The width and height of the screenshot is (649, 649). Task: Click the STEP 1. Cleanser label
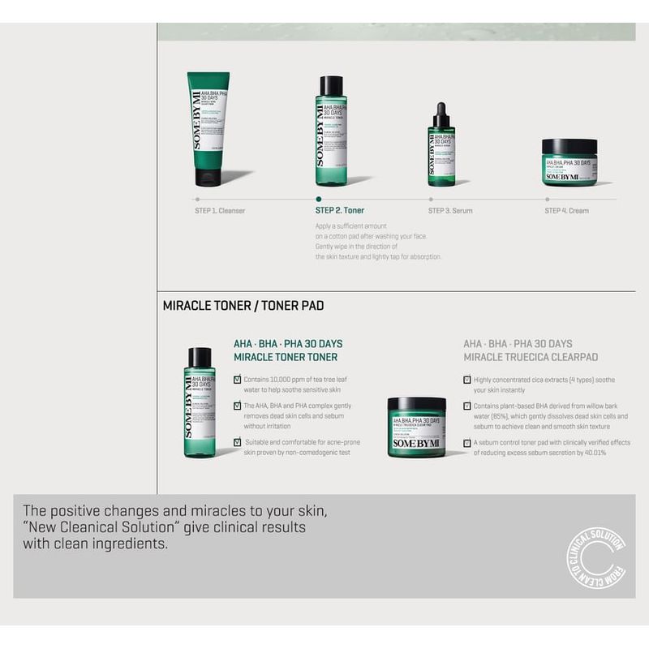pos(220,211)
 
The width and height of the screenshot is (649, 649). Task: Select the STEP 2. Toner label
pos(340,211)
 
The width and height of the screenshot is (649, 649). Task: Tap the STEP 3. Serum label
pos(450,211)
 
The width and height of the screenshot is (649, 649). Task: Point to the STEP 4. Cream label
pos(566,211)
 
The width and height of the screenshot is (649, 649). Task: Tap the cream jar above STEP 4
pos(569,161)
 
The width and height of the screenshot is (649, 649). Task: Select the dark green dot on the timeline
pos(319,199)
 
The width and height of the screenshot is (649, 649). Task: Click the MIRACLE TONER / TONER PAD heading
pos(243,306)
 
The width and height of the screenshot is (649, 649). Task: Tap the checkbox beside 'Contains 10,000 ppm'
pos(237,379)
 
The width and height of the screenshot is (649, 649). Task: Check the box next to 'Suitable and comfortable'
pos(237,442)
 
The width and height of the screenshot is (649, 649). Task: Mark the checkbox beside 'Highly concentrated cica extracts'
pos(467,379)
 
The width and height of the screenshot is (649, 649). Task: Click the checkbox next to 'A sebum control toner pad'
pos(467,443)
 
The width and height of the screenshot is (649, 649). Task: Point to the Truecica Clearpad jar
pos(416,427)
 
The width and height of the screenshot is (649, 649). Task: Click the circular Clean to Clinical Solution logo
pos(595,558)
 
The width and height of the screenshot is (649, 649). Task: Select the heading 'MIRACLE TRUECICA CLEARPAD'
pos(531,357)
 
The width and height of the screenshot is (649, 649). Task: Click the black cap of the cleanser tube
pos(208,178)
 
